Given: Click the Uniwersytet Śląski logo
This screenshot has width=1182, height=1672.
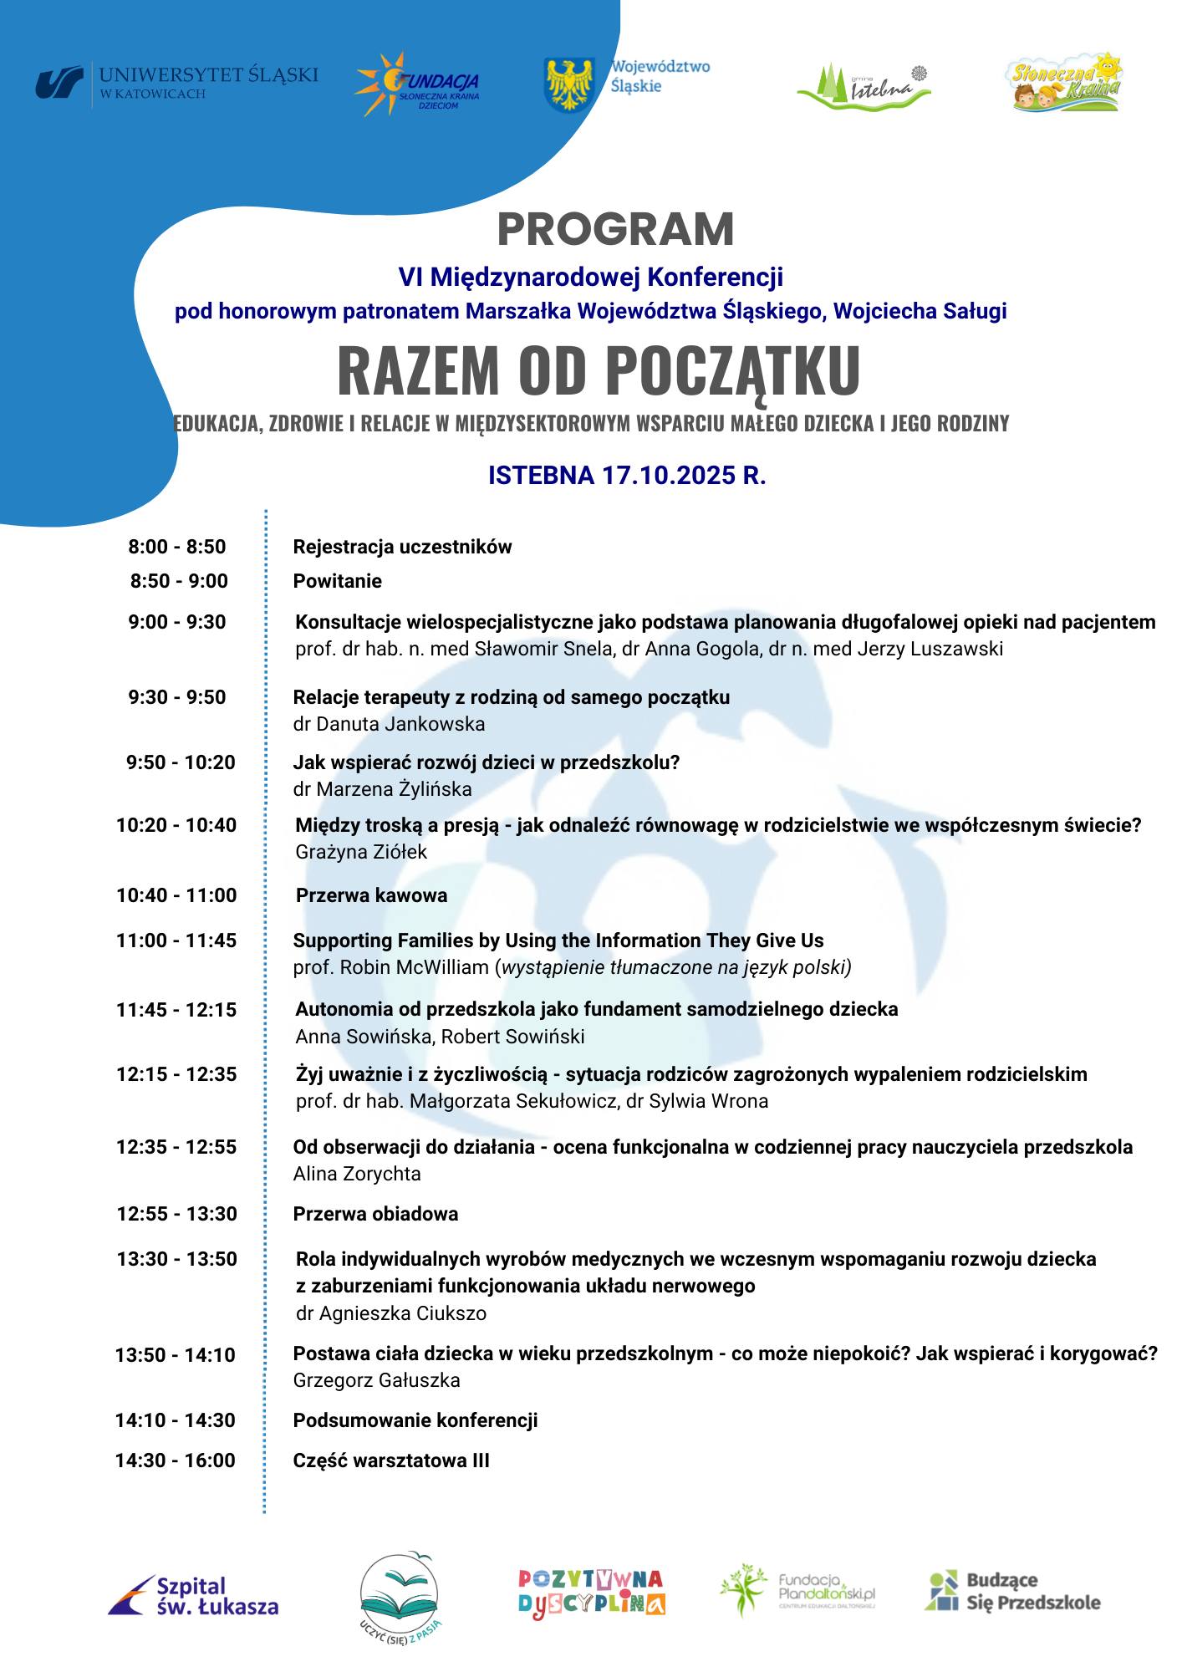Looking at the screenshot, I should pyautogui.click(x=176, y=84).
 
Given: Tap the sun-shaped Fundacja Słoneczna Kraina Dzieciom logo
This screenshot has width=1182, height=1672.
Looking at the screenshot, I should pyautogui.click(x=416, y=85).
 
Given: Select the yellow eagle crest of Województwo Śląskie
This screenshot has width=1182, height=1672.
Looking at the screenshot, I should pyautogui.click(x=568, y=84).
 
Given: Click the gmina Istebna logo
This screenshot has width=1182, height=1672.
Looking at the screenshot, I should pyautogui.click(x=864, y=85).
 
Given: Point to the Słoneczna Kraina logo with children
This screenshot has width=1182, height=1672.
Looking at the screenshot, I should pyautogui.click(x=1063, y=83).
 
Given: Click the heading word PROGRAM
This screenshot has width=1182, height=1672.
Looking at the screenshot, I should pyautogui.click(x=615, y=229).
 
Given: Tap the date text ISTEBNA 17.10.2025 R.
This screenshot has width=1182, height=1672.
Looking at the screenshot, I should pyautogui.click(x=627, y=476).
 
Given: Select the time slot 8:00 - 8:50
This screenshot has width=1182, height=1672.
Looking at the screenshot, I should pyautogui.click(x=177, y=547).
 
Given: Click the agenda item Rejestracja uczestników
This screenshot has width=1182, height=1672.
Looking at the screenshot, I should pyautogui.click(x=402, y=547).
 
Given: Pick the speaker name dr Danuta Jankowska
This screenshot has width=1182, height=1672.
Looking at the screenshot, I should pyautogui.click(x=389, y=724).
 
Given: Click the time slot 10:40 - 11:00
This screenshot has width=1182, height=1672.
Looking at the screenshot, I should pyautogui.click(x=176, y=895).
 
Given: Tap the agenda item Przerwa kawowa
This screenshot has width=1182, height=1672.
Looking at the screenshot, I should pyautogui.click(x=371, y=895).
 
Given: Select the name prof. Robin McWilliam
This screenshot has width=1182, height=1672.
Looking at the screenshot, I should pyautogui.click(x=391, y=967).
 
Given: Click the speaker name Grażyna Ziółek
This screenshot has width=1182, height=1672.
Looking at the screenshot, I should pyautogui.click(x=361, y=852).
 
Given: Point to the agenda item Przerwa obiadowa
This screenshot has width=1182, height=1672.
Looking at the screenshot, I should pyautogui.click(x=375, y=1214).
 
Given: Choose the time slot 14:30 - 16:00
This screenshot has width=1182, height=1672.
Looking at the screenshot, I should pyautogui.click(x=176, y=1460).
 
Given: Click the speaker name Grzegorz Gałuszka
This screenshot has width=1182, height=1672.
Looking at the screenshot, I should pyautogui.click(x=376, y=1380).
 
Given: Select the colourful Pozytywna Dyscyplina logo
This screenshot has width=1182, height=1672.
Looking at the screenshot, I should pyautogui.click(x=591, y=1592).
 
